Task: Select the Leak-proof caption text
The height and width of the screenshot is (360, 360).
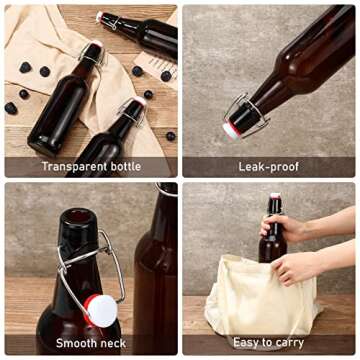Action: (x=267, y=166)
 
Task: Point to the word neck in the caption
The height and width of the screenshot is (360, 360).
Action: (x=113, y=343)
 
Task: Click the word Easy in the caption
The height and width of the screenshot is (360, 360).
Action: (x=248, y=343)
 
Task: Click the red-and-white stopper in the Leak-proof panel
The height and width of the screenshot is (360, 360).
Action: (x=231, y=129)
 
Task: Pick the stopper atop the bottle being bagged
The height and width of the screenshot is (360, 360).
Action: (x=274, y=196)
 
